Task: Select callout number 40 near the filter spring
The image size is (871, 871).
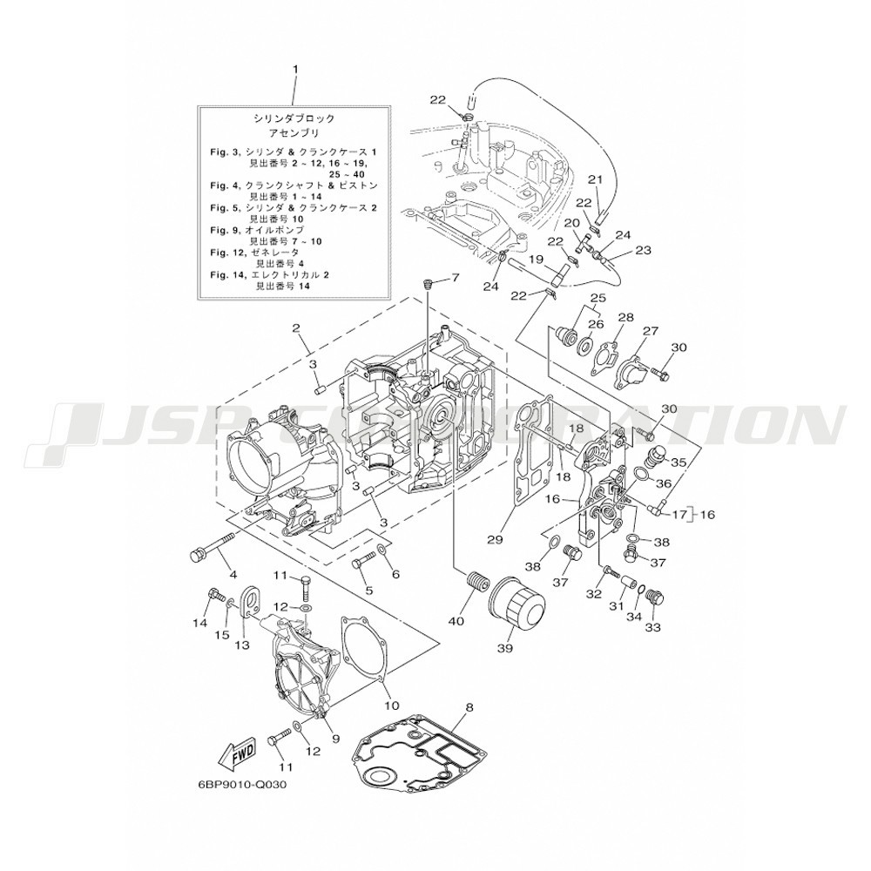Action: pyautogui.click(x=456, y=620)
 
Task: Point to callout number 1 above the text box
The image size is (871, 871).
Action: pyautogui.click(x=295, y=67)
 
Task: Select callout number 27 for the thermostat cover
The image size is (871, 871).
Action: pyautogui.click(x=650, y=331)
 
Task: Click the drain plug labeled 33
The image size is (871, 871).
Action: pyautogui.click(x=658, y=598)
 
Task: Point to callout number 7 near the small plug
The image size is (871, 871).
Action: pyautogui.click(x=454, y=278)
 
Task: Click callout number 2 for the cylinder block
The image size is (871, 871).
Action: pyautogui.click(x=296, y=328)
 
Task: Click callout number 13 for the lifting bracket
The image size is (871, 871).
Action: pyautogui.click(x=241, y=644)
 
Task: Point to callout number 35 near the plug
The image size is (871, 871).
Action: pyautogui.click(x=679, y=463)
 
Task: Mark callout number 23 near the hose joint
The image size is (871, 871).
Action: pyautogui.click(x=643, y=250)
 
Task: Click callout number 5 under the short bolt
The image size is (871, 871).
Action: pyautogui.click(x=369, y=590)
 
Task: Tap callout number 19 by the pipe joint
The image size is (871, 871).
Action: pyautogui.click(x=537, y=260)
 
